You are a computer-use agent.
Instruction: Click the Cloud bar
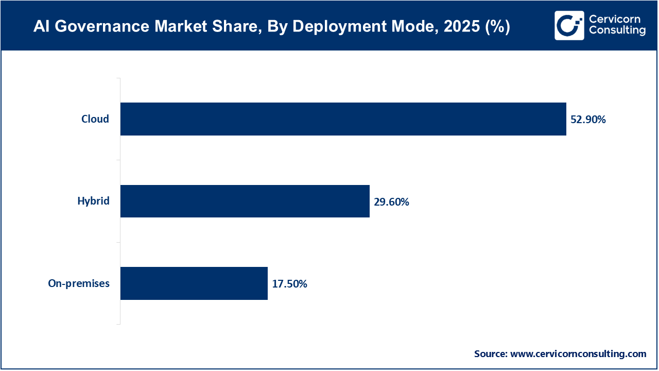point(343,119)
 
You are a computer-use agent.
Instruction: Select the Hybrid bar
point(245,201)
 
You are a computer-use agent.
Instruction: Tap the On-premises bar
point(194,283)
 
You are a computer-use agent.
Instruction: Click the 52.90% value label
point(588,120)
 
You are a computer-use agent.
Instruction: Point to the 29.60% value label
point(391,202)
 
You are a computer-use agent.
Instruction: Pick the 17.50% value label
point(289,284)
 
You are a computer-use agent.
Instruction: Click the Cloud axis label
point(95,119)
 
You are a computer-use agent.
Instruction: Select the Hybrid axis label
point(93,201)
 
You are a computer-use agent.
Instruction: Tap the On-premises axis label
point(79,283)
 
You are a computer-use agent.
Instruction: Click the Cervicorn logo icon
point(569,25)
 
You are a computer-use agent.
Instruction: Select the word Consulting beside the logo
point(617,31)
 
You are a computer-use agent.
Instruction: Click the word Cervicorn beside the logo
point(615,20)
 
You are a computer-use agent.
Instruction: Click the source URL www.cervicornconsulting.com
point(578,354)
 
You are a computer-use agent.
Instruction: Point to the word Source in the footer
point(490,354)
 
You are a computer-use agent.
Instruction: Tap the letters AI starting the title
point(41,27)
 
